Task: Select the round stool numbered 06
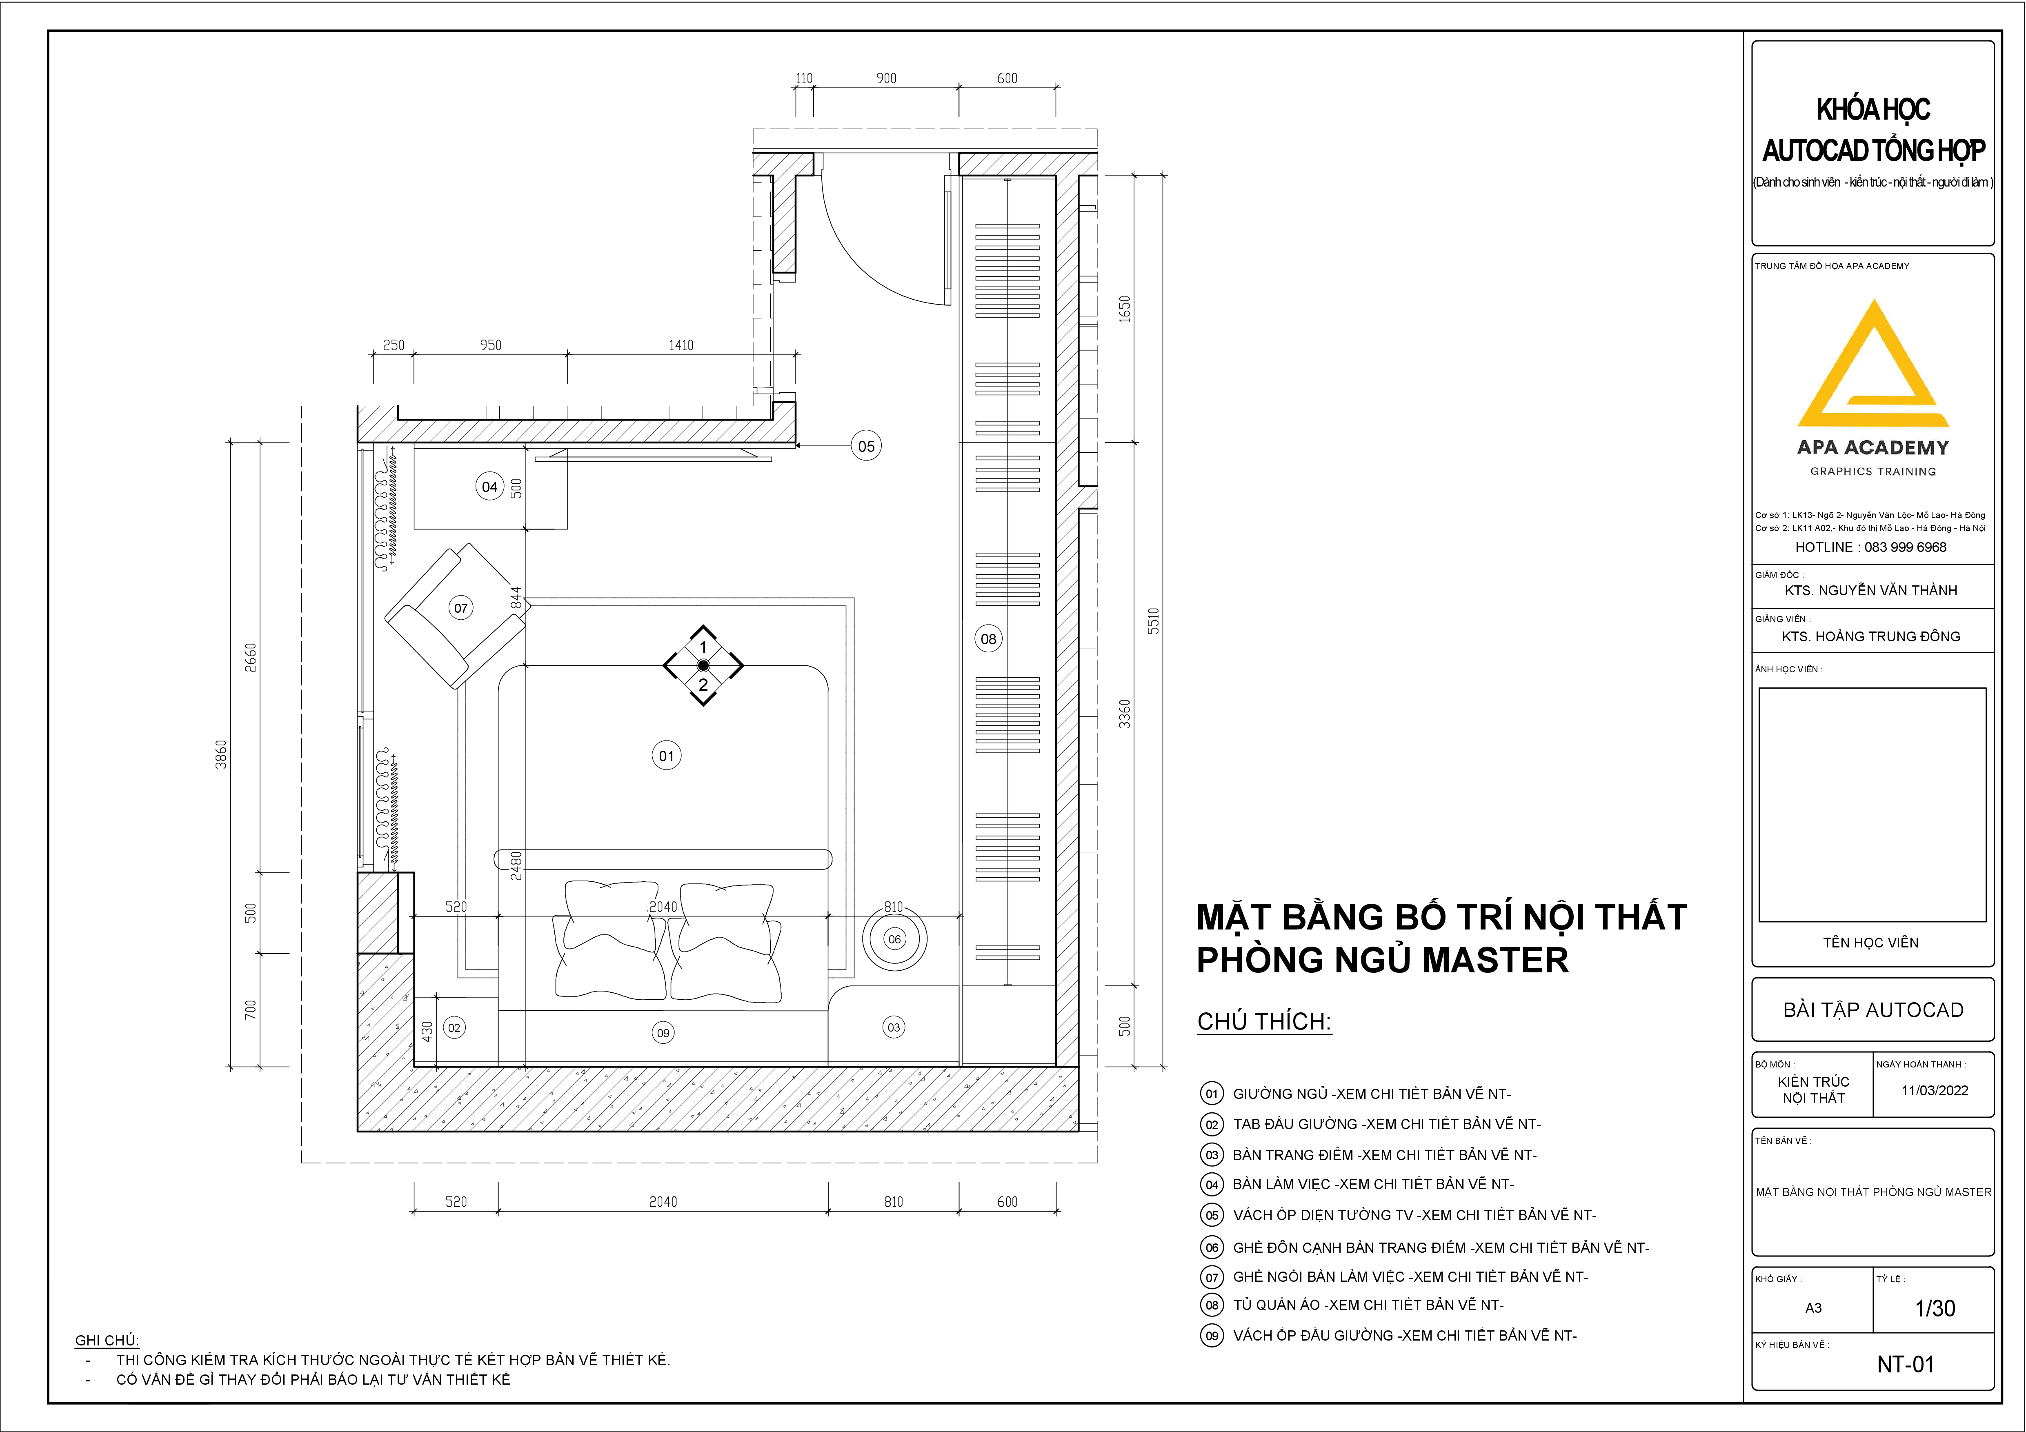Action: coord(895,939)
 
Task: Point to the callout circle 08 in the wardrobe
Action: coord(988,639)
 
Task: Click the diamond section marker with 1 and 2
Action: coord(703,665)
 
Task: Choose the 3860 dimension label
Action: coord(220,754)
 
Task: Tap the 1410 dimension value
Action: coord(681,345)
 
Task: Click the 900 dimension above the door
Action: coord(886,78)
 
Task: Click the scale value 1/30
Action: coord(1935,1307)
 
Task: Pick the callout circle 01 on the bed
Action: coord(666,755)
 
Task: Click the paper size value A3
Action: coord(1813,1307)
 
